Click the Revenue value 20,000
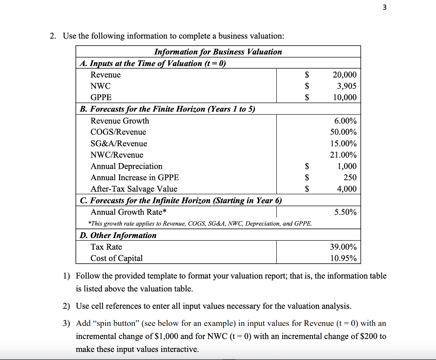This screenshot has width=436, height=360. (x=344, y=75)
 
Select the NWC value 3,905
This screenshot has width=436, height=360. (x=347, y=86)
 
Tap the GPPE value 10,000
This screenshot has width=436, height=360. (x=344, y=98)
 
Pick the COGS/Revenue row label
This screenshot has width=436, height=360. (x=118, y=132)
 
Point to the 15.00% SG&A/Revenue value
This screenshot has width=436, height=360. (x=344, y=144)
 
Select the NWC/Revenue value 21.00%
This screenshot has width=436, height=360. (x=344, y=155)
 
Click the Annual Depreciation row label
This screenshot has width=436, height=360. (x=126, y=166)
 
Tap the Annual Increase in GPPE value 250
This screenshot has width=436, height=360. (x=350, y=178)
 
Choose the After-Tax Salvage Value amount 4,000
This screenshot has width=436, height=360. (x=347, y=189)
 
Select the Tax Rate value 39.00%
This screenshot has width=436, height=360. (x=344, y=247)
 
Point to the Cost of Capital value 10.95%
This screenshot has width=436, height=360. (x=344, y=258)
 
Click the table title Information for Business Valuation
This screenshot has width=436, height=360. (x=218, y=52)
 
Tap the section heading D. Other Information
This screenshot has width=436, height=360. (x=118, y=235)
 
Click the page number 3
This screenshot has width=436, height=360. (x=384, y=8)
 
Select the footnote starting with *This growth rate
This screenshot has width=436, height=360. (x=200, y=223)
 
